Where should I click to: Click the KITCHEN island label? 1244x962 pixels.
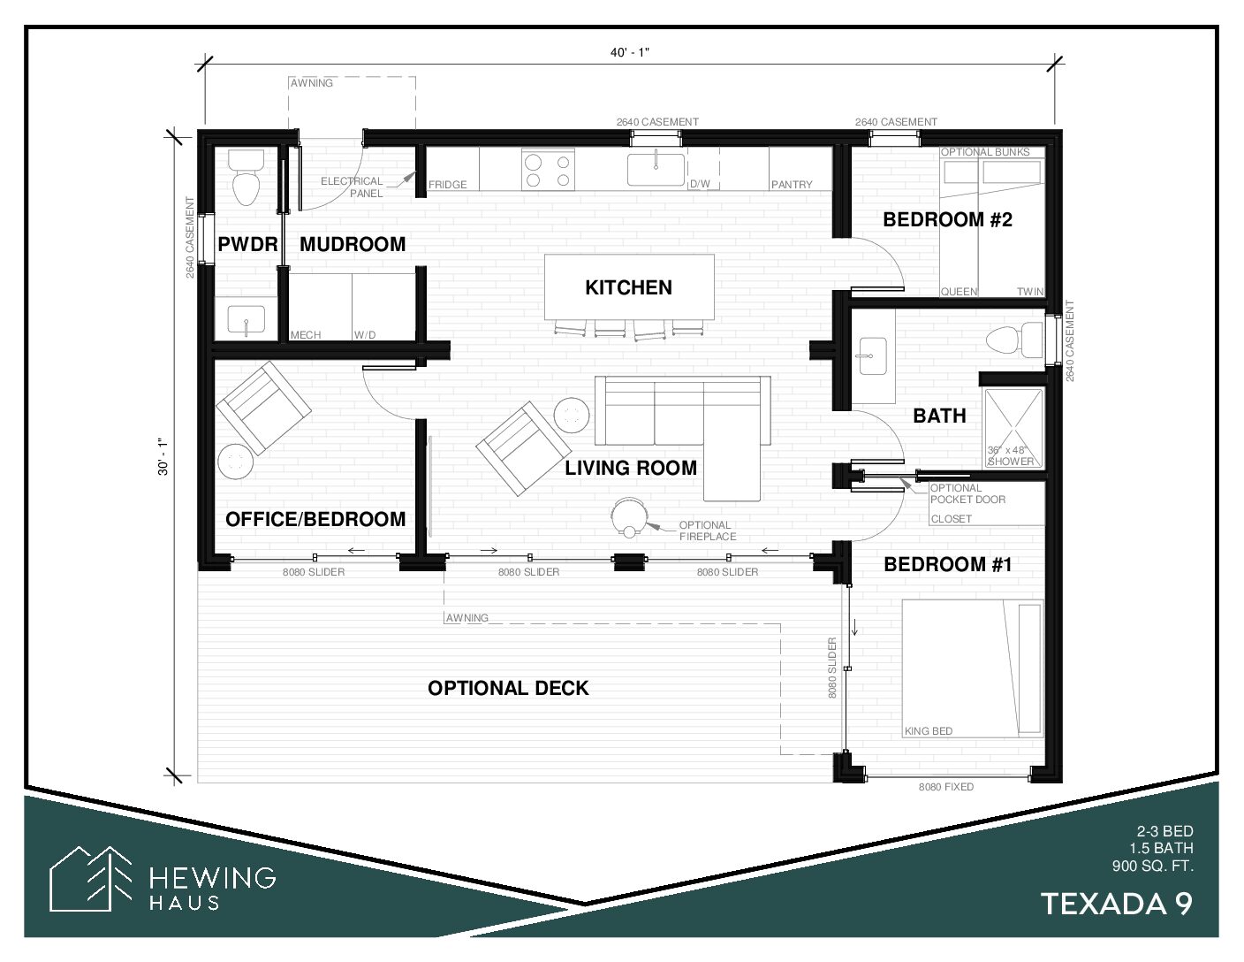(x=628, y=287)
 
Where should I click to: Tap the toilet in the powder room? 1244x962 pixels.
(x=247, y=177)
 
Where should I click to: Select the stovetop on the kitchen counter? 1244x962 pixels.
(x=548, y=170)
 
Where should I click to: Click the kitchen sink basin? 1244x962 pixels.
(x=656, y=169)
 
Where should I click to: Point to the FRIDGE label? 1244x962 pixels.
(x=448, y=185)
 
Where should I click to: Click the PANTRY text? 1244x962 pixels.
(x=792, y=185)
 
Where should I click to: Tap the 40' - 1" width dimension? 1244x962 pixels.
(x=630, y=53)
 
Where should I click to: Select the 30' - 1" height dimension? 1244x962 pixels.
(x=163, y=456)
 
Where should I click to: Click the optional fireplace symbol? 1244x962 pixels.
(x=628, y=517)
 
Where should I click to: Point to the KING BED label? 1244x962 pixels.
(x=929, y=731)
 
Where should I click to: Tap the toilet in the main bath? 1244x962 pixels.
(x=1015, y=339)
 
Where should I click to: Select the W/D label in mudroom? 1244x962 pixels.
(x=365, y=334)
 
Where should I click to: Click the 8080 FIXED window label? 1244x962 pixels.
(x=945, y=787)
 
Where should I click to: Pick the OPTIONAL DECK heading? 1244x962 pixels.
(x=508, y=688)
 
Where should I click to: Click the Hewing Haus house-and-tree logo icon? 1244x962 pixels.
(x=90, y=878)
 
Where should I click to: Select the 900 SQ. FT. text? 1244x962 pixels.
(x=1152, y=867)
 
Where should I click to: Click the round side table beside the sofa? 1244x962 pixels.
(x=572, y=415)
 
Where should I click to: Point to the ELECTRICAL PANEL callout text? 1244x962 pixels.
(x=352, y=187)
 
